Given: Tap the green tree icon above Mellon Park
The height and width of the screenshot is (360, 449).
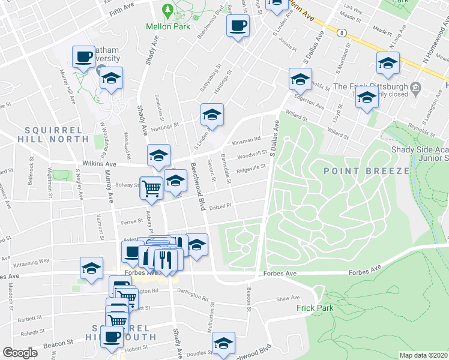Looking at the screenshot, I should coord(168,10).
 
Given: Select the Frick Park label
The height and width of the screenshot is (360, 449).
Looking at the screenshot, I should coord(313,308).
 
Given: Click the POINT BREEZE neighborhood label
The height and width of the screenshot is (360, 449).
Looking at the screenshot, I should coord(366,171).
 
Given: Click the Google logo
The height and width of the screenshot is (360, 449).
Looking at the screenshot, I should coord(20,353).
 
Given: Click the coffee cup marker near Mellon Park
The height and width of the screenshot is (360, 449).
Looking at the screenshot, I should coord(238,26).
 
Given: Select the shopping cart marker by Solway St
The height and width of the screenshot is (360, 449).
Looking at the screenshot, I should coord(151,187).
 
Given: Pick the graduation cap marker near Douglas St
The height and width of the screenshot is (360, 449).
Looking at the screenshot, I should coord(223,344).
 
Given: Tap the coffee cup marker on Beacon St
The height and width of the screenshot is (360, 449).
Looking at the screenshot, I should coord(112,337).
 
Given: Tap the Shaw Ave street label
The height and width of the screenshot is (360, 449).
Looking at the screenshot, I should coord(288,298).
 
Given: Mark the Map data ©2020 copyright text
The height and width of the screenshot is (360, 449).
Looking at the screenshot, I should coord(423,355).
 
